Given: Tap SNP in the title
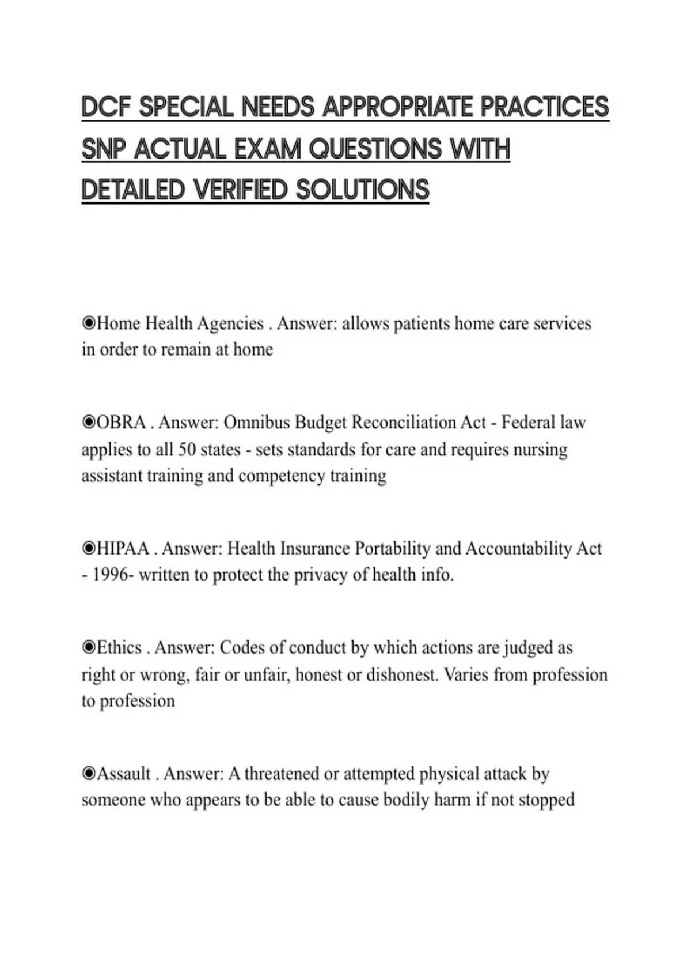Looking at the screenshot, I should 104,149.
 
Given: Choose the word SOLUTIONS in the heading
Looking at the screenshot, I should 363,190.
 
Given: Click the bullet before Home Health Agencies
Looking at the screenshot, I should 88,323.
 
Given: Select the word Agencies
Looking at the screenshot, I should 230,324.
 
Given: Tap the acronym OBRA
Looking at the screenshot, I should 121,423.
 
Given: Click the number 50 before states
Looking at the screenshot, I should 187,450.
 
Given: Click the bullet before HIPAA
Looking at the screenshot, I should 88,548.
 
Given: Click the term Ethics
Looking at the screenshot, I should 119,648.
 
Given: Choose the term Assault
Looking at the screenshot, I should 124,774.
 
